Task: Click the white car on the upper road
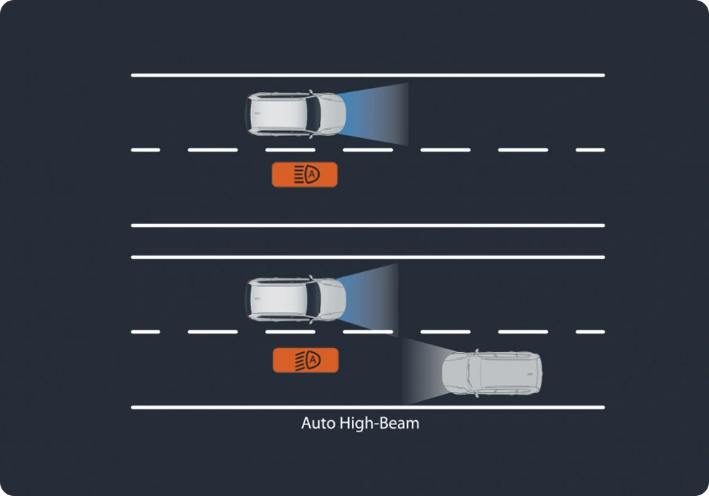click(295, 114)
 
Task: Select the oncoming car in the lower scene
click(491, 374)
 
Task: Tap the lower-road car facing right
click(295, 298)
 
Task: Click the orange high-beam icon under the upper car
click(304, 174)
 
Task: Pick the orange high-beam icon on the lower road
click(306, 360)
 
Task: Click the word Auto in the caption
click(316, 424)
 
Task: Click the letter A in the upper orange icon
click(313, 174)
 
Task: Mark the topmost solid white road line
click(367, 74)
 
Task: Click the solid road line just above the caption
click(367, 407)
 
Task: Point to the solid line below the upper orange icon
click(367, 225)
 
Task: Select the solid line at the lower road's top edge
click(367, 257)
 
